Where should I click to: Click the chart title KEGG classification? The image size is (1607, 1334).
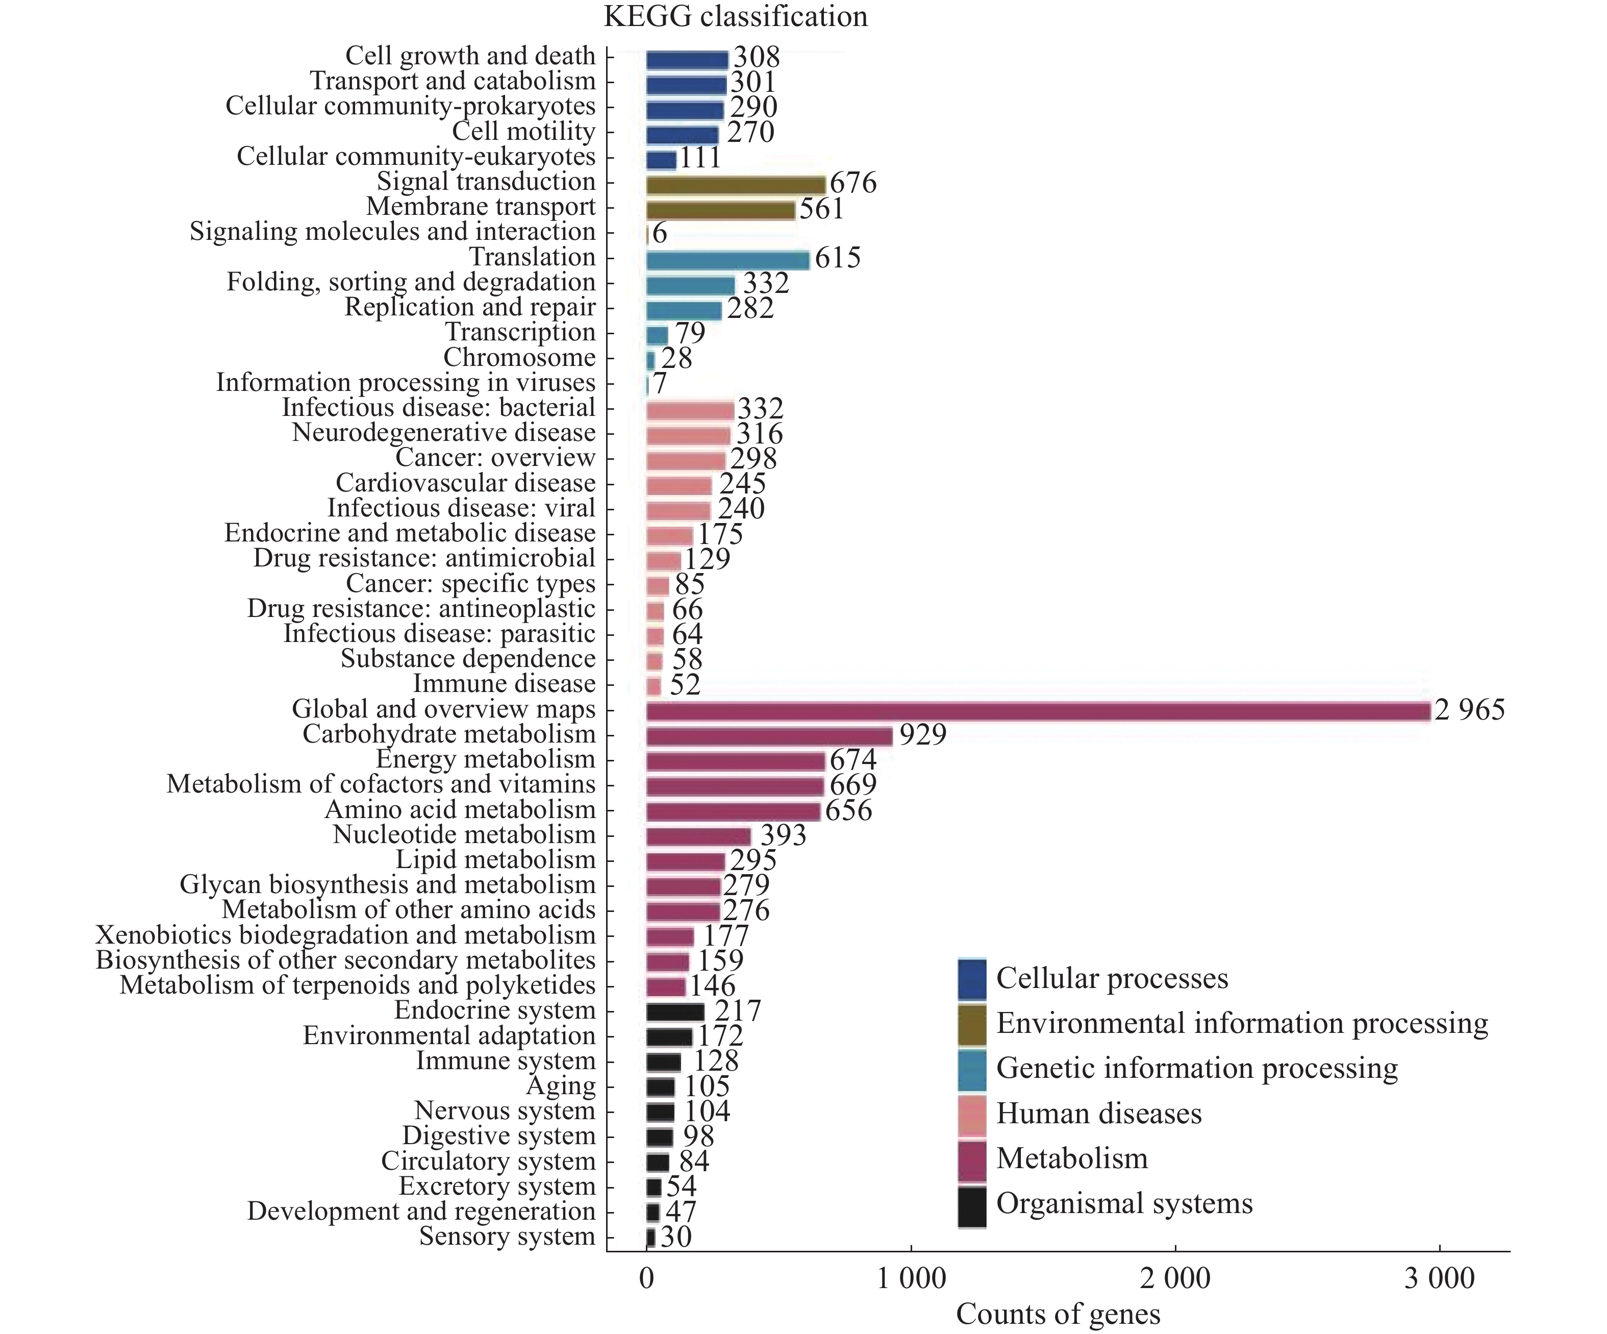click(x=736, y=17)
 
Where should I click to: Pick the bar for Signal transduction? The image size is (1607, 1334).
click(x=736, y=184)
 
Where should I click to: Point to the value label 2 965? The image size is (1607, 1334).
click(x=1469, y=709)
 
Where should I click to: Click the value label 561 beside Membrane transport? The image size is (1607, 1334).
click(x=821, y=209)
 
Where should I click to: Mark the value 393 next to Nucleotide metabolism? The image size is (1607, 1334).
click(x=783, y=835)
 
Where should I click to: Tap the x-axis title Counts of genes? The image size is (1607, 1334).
click(x=1058, y=1314)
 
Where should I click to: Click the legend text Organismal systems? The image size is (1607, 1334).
click(x=1124, y=1203)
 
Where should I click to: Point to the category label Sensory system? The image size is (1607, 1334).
click(x=507, y=1236)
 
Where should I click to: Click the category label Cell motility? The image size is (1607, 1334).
click(x=523, y=132)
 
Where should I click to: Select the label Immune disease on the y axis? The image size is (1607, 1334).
click(x=504, y=683)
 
